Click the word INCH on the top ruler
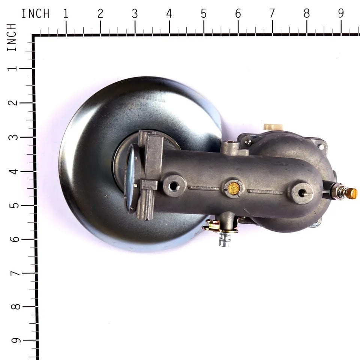(35, 14)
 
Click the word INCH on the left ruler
(12, 37)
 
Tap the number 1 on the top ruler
(66, 14)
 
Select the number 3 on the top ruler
(135, 14)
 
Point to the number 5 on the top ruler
(204, 14)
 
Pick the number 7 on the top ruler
(272, 14)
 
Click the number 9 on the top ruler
(341, 14)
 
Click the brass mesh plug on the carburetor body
(234, 188)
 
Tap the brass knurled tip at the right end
(351, 193)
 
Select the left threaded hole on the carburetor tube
(174, 185)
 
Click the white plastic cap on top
(273, 127)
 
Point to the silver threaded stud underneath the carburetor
(224, 240)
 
